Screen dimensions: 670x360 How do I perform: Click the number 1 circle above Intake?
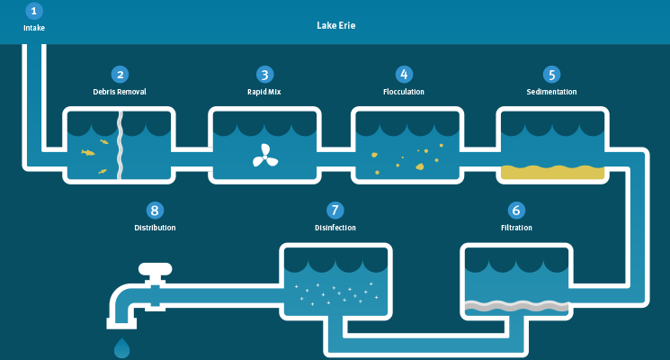(x=34, y=11)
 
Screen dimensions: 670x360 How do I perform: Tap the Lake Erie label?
(x=335, y=26)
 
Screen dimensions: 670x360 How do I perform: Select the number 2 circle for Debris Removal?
(x=121, y=75)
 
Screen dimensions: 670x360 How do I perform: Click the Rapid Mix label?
(x=264, y=92)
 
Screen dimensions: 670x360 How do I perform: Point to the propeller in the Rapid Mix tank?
(x=265, y=156)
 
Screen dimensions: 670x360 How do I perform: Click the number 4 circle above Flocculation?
(x=404, y=75)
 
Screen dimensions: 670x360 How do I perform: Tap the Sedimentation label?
(x=551, y=92)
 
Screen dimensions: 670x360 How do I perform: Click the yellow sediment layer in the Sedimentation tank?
(x=552, y=172)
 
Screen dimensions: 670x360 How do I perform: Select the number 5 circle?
(x=551, y=75)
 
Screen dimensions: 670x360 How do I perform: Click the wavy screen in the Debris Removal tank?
(x=121, y=146)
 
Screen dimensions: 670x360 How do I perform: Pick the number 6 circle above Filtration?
(x=516, y=210)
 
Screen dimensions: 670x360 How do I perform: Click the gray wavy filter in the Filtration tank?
(x=516, y=306)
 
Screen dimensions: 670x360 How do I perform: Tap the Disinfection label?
(x=335, y=228)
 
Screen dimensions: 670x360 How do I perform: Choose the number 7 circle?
(x=335, y=210)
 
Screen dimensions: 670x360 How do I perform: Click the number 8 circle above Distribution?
(x=155, y=211)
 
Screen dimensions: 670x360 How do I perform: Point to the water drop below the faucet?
(x=121, y=348)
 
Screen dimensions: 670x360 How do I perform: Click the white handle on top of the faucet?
(x=155, y=269)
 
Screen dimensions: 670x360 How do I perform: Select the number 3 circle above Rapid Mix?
(x=265, y=75)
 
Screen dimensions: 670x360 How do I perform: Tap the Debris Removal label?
(x=120, y=92)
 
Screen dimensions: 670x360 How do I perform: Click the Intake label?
(x=34, y=28)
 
